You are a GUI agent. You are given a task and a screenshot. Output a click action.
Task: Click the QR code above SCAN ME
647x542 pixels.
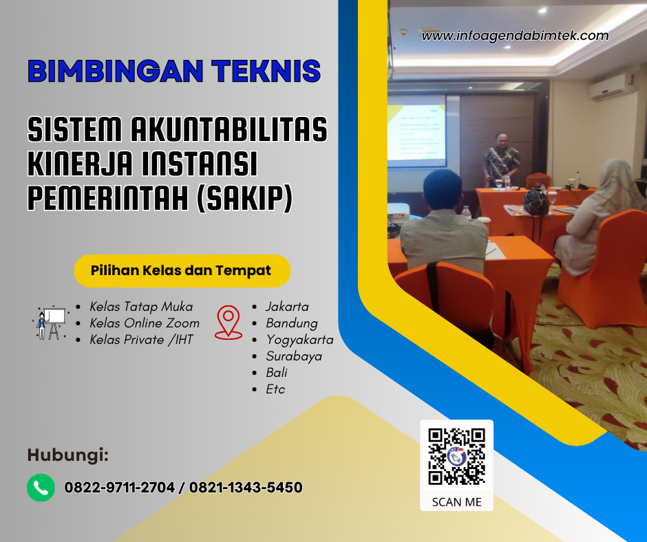(456, 456)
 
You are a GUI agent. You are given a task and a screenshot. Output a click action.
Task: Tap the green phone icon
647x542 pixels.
(41, 488)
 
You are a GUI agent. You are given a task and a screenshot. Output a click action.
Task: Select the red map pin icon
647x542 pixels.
(229, 323)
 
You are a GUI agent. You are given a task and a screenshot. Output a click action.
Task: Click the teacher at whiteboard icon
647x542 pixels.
(50, 323)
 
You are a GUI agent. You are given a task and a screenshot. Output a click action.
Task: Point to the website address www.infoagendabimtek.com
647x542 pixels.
(515, 36)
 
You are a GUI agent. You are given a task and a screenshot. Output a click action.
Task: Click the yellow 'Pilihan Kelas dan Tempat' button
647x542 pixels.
(182, 270)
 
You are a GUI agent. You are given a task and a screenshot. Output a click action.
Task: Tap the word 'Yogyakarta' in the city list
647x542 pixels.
(299, 340)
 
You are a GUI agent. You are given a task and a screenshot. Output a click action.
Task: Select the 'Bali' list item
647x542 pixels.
(277, 373)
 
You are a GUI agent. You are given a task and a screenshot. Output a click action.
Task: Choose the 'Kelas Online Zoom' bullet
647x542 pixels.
(145, 323)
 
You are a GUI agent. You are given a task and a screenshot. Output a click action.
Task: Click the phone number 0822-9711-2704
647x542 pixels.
(120, 488)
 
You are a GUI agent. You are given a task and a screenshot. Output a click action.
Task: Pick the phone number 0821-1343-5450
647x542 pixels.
(246, 488)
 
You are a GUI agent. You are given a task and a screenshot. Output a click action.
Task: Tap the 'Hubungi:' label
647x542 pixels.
(67, 455)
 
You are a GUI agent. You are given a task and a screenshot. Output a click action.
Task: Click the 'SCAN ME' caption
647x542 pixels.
(456, 501)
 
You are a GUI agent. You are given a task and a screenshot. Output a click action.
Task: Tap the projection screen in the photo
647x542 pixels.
(416, 134)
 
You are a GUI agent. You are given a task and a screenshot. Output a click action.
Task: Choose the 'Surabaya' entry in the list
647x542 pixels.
(294, 356)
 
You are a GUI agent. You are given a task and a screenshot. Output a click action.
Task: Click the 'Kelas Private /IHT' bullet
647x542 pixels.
(142, 340)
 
